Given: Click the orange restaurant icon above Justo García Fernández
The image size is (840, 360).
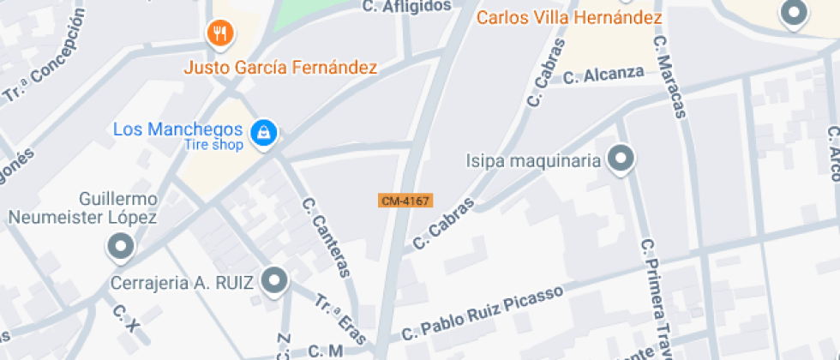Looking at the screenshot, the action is pyautogui.click(x=221, y=33).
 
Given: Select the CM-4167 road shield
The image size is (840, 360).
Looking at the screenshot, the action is pyautogui.click(x=405, y=201).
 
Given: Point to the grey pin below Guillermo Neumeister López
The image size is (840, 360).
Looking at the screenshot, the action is pyautogui.click(x=120, y=248).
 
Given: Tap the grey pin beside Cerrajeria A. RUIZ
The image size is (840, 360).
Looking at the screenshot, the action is pyautogui.click(x=274, y=279).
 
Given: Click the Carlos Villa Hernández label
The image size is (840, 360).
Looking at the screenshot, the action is pyautogui.click(x=569, y=17).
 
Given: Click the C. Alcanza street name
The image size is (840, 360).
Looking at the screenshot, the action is pyautogui.click(x=603, y=75).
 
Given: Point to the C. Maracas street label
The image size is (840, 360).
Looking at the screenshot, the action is pyautogui.click(x=671, y=77).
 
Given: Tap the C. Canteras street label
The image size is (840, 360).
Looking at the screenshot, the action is pyautogui.click(x=327, y=238).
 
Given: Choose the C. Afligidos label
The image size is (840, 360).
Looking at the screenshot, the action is pyautogui.click(x=406, y=6).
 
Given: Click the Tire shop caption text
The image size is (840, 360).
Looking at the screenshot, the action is pyautogui.click(x=213, y=144).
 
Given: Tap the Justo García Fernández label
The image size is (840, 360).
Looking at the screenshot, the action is pyautogui.click(x=281, y=67).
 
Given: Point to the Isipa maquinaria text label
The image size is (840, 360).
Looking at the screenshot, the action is pyautogui.click(x=531, y=160).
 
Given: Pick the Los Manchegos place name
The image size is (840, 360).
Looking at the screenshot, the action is pyautogui.click(x=178, y=129).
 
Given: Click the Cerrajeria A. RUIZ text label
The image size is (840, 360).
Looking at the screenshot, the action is pyautogui.click(x=183, y=282).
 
